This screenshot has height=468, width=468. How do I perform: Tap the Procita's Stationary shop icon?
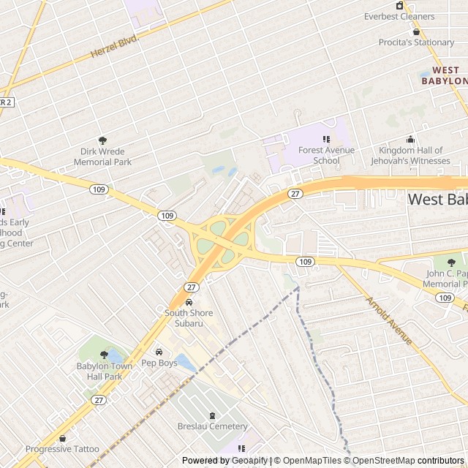pos(416,31)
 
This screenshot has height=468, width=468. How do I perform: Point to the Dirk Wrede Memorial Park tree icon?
pos(102,140)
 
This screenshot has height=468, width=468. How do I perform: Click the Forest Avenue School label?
pos(326,155)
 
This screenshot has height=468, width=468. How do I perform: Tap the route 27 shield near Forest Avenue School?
pos(295,193)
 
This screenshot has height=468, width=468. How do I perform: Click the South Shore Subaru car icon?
pos(189,303)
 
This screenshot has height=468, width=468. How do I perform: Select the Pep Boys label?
pos(159,363)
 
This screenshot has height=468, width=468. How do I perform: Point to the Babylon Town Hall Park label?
pos(105,371)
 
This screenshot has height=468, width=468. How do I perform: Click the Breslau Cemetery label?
pos(213,426)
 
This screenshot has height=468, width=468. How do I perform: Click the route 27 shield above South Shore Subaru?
pos(191,287)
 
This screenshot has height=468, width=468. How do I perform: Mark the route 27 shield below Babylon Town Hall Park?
pos(99,400)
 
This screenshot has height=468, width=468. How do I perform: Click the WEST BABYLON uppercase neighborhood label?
pos(444,75)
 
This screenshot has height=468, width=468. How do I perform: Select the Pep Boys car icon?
pos(159,352)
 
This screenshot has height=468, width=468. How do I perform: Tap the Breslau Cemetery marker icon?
pos(213,415)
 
